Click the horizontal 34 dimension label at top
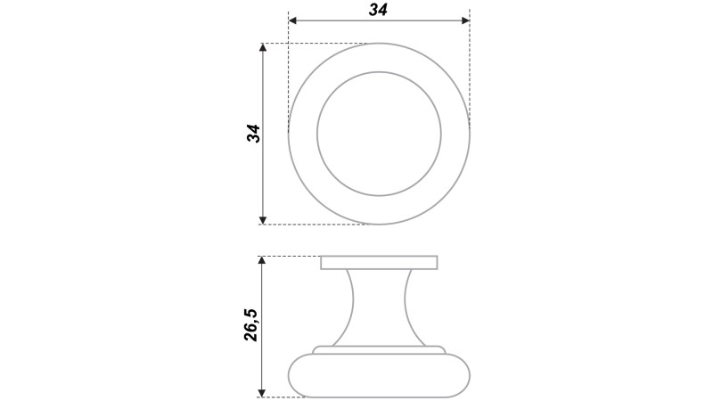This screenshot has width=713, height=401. click(378, 10)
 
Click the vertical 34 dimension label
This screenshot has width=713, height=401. click(253, 133)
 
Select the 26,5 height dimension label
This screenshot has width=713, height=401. click(250, 324)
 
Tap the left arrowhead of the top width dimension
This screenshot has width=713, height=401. click(293, 20)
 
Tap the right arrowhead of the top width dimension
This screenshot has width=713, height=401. click(465, 20)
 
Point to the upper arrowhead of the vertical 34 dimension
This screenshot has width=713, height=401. click(262, 48)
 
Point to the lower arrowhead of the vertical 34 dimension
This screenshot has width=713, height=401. click(262, 220)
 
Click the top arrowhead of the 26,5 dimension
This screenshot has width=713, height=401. click(261, 260)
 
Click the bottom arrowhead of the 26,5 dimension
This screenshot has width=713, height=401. click(261, 393)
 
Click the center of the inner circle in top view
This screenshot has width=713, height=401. click(379, 134)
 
